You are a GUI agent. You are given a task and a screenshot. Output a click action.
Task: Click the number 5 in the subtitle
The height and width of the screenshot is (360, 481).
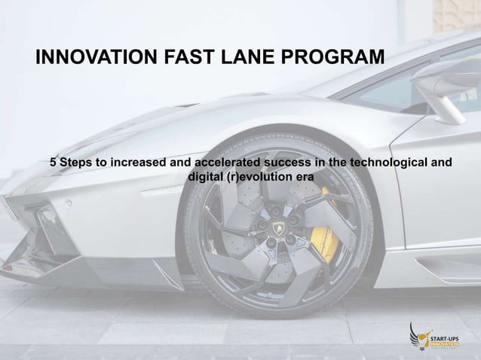54,163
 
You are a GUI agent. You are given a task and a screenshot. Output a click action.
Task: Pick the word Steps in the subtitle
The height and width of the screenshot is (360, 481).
76,163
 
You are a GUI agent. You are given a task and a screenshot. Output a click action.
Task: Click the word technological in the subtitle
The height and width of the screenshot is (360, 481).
384,163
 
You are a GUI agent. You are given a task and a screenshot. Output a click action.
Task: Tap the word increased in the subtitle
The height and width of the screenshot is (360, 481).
141,163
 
